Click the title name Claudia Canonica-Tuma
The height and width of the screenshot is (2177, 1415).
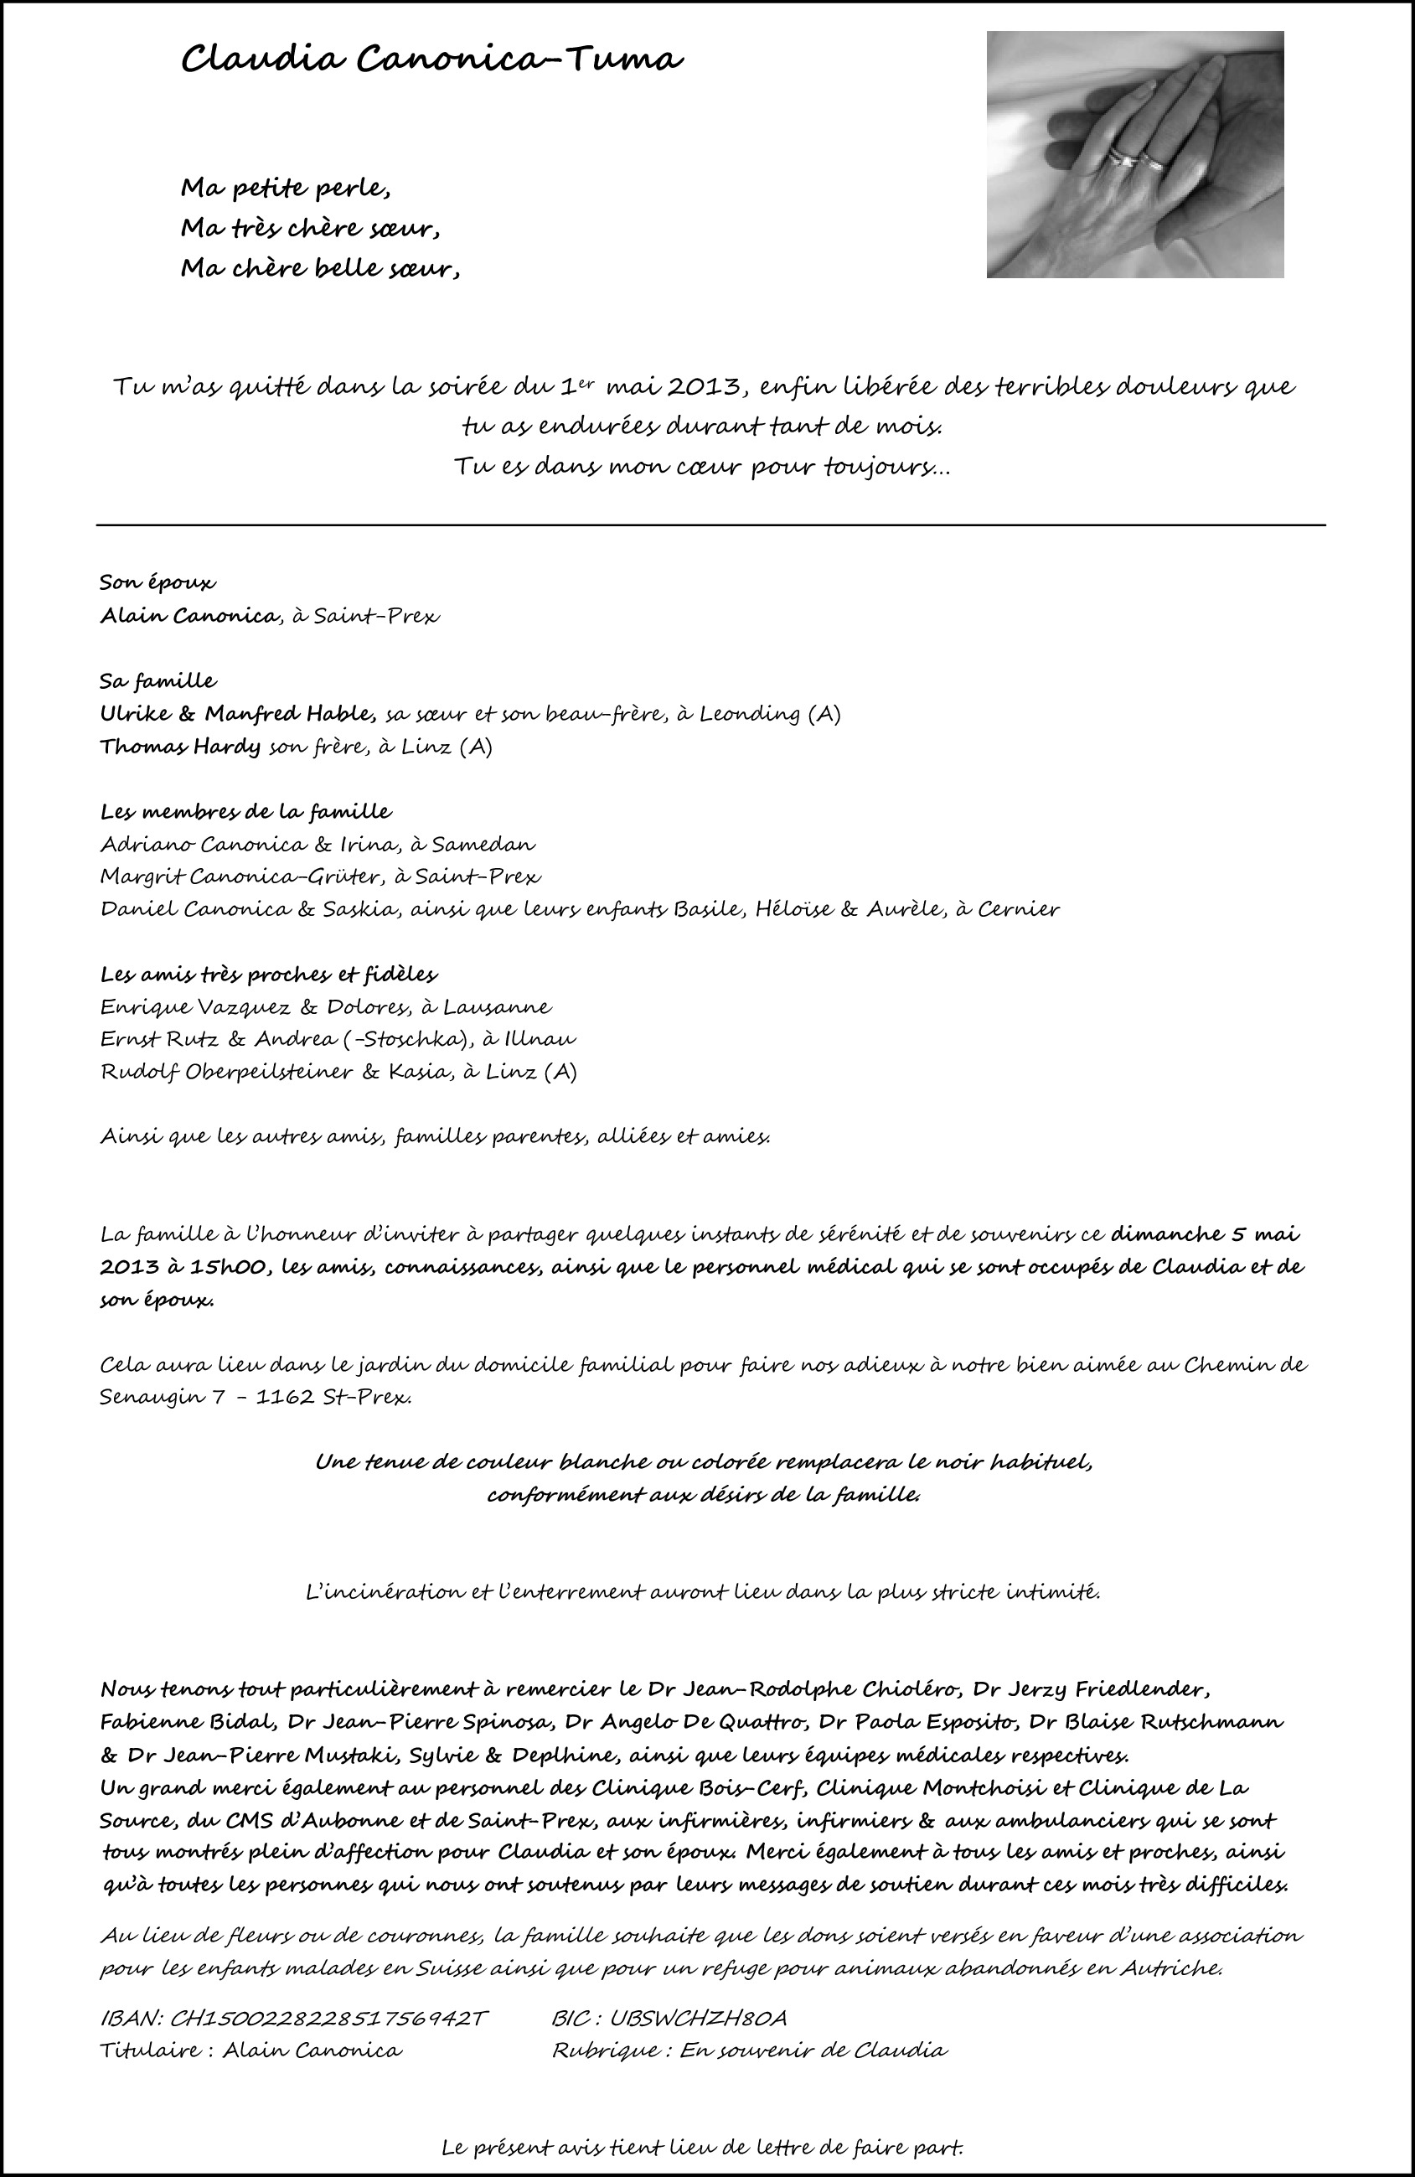(431, 61)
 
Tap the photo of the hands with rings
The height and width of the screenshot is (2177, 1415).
(1134, 154)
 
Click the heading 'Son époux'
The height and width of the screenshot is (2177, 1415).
(158, 582)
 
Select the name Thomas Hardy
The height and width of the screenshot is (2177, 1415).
(180, 747)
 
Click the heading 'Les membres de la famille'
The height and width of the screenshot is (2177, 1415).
(245, 811)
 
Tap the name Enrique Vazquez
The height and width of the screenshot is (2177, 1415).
(195, 1007)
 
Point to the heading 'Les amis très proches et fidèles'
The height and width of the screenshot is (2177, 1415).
(268, 975)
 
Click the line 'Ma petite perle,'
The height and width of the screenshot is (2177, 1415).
(286, 189)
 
